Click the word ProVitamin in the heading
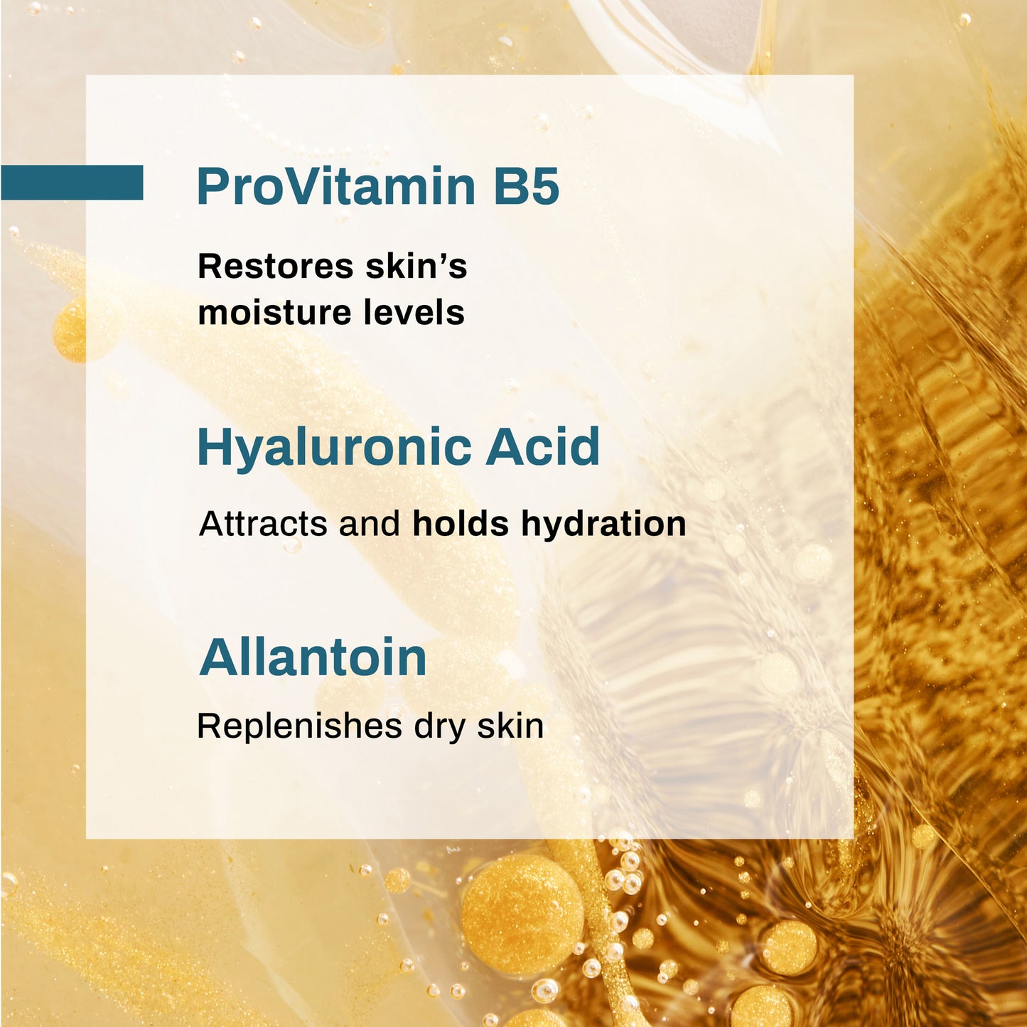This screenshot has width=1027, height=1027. tap(336, 186)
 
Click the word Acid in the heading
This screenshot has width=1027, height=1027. tap(543, 448)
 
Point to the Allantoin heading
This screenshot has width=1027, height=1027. tap(313, 657)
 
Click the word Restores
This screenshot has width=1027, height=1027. tap(276, 267)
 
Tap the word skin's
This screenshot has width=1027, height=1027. tap(416, 267)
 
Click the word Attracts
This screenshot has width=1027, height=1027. tap(263, 524)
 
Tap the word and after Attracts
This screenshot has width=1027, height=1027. tap(370, 524)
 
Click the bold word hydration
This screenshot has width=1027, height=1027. tap(603, 524)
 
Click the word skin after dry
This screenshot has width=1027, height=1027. tap(510, 726)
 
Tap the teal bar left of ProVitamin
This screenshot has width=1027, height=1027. tap(72, 183)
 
